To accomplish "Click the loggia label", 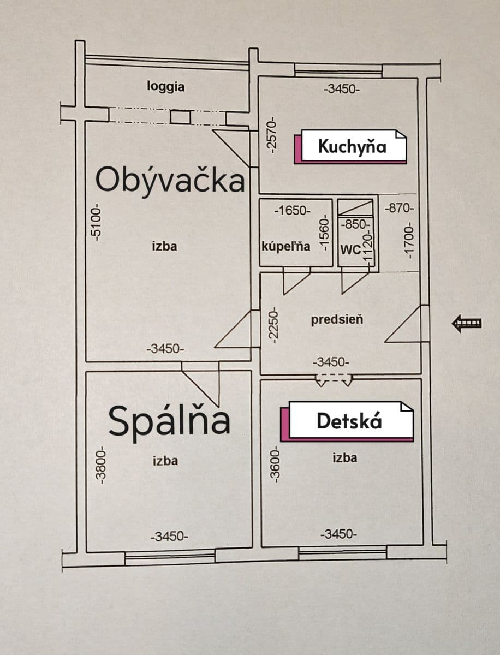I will point(166,86).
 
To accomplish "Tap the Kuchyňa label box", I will point(352,146).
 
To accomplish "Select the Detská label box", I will point(349,421).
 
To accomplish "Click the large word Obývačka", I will point(170,180).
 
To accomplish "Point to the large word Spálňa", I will point(169,421).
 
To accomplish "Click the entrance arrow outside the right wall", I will point(467,324).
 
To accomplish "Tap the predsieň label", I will point(337,320).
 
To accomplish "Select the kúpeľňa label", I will point(287,246).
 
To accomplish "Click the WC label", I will point(349,250).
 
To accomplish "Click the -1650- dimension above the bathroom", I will point(293,210).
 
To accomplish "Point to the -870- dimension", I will point(399,208).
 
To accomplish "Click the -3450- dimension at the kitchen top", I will point(341,88).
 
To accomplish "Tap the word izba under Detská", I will point(345,457).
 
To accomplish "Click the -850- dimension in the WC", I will point(355,224).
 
